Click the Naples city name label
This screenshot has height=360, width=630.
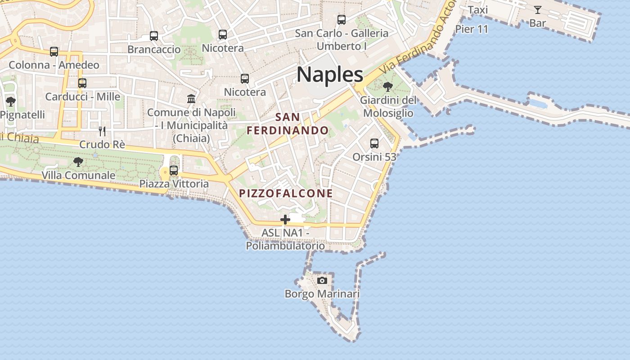pos(330,74)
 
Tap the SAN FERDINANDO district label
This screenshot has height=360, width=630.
pos(288,124)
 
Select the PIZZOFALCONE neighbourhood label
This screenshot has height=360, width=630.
pos(286,193)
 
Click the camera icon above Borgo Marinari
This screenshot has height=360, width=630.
pos(322,281)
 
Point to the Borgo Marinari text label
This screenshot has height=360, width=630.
pos(322,294)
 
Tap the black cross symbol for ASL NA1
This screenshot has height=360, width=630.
pos(285,220)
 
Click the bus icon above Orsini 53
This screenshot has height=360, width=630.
pos(374,144)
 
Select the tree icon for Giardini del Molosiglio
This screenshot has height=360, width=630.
pos(387,86)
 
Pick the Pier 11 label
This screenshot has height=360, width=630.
pos(472,29)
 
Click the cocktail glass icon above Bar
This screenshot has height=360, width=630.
pos(537,10)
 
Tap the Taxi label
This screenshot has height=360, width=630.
pos(478,10)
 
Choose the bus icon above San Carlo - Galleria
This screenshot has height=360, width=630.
pos(342,20)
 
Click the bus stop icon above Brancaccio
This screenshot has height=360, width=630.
pos(154,36)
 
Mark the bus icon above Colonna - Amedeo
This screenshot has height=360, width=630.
pos(54,52)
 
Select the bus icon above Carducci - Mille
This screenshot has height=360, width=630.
pos(82,83)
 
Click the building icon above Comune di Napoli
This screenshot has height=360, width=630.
pos(191,99)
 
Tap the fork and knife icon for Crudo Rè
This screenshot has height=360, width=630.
pos(102,131)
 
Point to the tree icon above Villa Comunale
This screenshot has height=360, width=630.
pos(78,162)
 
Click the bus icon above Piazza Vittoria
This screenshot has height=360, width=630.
pos(174,171)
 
